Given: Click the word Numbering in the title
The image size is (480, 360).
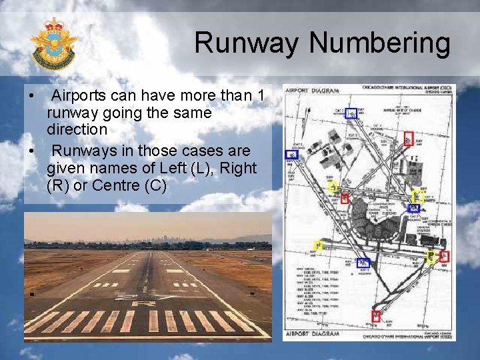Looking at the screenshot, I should point(381,44).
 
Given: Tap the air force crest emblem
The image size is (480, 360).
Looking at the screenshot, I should point(53,45).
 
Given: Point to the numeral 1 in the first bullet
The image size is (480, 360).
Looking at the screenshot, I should point(260,96).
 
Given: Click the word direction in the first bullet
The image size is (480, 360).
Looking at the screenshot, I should point(77,129).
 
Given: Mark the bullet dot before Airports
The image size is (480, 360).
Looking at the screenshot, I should point(32,97).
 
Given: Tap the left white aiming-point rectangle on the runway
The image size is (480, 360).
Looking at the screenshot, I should point(121,271).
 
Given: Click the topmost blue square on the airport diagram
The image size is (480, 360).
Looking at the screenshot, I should point(351,114).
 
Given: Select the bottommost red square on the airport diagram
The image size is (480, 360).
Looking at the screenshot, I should point(376,317).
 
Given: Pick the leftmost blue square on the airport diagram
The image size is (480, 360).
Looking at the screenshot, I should point(291,154).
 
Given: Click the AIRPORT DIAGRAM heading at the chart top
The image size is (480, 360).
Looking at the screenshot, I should point(313,90).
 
